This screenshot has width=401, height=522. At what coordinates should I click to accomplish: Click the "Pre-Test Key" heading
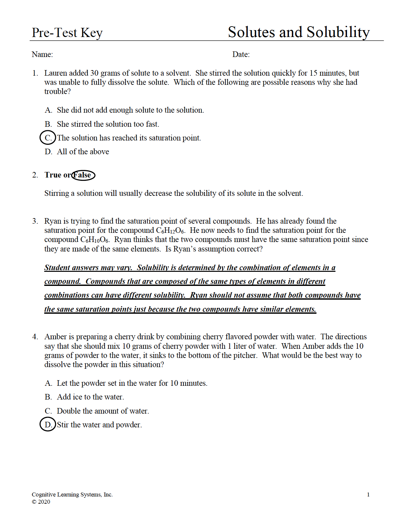tap(67, 33)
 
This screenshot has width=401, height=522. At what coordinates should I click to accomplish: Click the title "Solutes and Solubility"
tap(298, 32)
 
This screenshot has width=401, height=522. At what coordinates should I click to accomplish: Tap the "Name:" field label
tap(42, 54)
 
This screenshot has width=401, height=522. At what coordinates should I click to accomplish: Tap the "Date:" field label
tap(241, 54)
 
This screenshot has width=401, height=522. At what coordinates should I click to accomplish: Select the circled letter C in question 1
tap(48, 138)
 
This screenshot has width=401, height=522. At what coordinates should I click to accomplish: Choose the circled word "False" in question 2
tap(83, 175)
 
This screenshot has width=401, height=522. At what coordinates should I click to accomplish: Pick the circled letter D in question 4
tap(48, 425)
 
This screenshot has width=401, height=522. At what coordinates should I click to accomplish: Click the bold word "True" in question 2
tap(53, 175)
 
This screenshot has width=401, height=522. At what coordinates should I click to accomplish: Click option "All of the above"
tap(83, 152)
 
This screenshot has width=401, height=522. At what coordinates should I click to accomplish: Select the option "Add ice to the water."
tap(90, 397)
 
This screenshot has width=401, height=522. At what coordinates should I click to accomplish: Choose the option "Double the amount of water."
tap(103, 411)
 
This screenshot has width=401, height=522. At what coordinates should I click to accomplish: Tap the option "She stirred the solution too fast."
tap(108, 124)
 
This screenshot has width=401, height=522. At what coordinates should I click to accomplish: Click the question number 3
tap(35, 221)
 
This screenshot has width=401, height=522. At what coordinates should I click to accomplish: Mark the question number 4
tap(35, 337)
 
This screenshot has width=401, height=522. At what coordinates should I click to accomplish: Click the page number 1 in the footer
tap(368, 494)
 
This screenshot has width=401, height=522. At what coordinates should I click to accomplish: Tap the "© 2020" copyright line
tap(41, 502)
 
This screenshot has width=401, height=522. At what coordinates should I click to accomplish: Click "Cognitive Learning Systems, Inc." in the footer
tap(72, 494)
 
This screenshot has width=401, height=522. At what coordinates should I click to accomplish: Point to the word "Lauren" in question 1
tap(56, 73)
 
